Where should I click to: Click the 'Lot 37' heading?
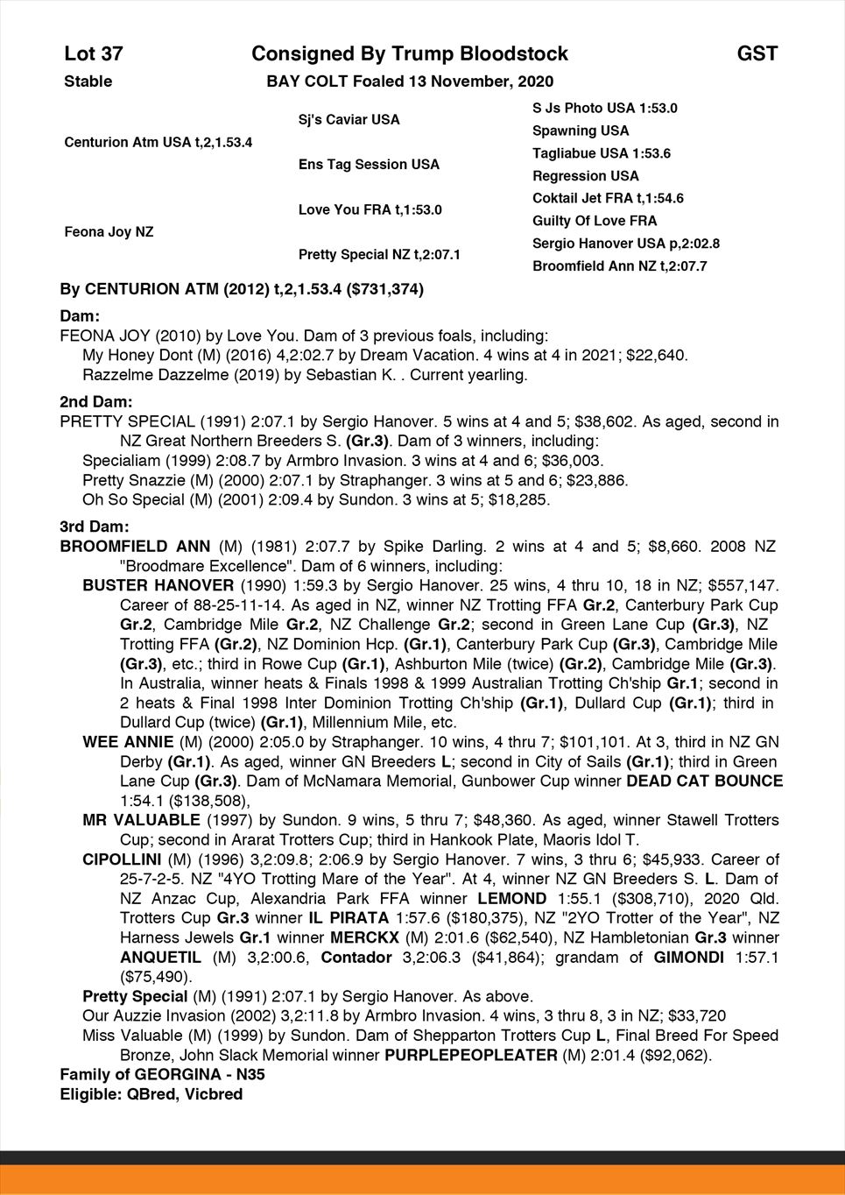[x=93, y=54]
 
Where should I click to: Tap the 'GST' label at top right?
[x=757, y=54]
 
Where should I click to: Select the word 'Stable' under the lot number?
[x=88, y=81]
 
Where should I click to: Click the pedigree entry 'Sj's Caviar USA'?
[x=349, y=120]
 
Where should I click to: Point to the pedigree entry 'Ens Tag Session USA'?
[x=369, y=165]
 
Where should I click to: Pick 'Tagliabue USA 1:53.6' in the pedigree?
[x=602, y=153]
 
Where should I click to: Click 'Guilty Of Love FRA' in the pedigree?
[x=595, y=221]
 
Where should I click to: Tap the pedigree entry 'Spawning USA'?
[x=581, y=131]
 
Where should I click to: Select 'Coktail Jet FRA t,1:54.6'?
[x=608, y=198]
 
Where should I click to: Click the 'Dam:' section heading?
[x=80, y=315]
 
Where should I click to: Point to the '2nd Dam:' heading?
[x=96, y=401]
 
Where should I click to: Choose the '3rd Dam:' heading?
[x=95, y=527]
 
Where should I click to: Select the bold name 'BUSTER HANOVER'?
[x=158, y=585]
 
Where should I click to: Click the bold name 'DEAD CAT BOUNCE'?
[x=705, y=781]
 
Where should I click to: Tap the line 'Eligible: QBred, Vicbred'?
[x=151, y=1094]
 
